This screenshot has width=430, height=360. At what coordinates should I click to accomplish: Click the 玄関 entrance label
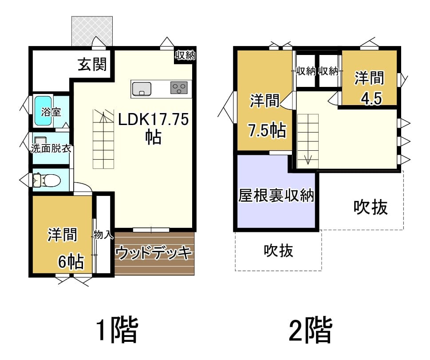[92, 64]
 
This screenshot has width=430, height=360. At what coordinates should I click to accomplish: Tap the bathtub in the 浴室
[43, 110]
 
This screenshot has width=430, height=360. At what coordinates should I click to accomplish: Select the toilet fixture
[47, 180]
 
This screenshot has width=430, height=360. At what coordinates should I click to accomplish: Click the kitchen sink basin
[142, 89]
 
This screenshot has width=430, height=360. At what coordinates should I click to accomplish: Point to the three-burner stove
[179, 88]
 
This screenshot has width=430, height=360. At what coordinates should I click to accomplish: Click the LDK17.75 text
[153, 119]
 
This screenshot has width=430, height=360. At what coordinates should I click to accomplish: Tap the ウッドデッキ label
[154, 253]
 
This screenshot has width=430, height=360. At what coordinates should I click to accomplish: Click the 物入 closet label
[103, 235]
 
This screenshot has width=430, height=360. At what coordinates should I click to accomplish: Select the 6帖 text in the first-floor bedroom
[71, 262]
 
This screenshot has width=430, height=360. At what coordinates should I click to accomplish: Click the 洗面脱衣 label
[51, 149]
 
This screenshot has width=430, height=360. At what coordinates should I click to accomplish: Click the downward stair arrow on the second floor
[308, 159]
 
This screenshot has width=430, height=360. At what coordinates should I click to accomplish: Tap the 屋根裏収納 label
[276, 196]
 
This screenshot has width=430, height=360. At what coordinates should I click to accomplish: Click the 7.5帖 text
[267, 130]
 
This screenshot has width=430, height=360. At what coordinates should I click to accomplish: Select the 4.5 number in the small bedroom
[371, 98]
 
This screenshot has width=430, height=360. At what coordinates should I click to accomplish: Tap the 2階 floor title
[311, 329]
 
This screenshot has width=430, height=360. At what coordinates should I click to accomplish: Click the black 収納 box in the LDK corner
[185, 56]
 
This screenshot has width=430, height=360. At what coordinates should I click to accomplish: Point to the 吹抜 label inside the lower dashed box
[279, 250]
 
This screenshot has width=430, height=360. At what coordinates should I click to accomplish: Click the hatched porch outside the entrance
[92, 31]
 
